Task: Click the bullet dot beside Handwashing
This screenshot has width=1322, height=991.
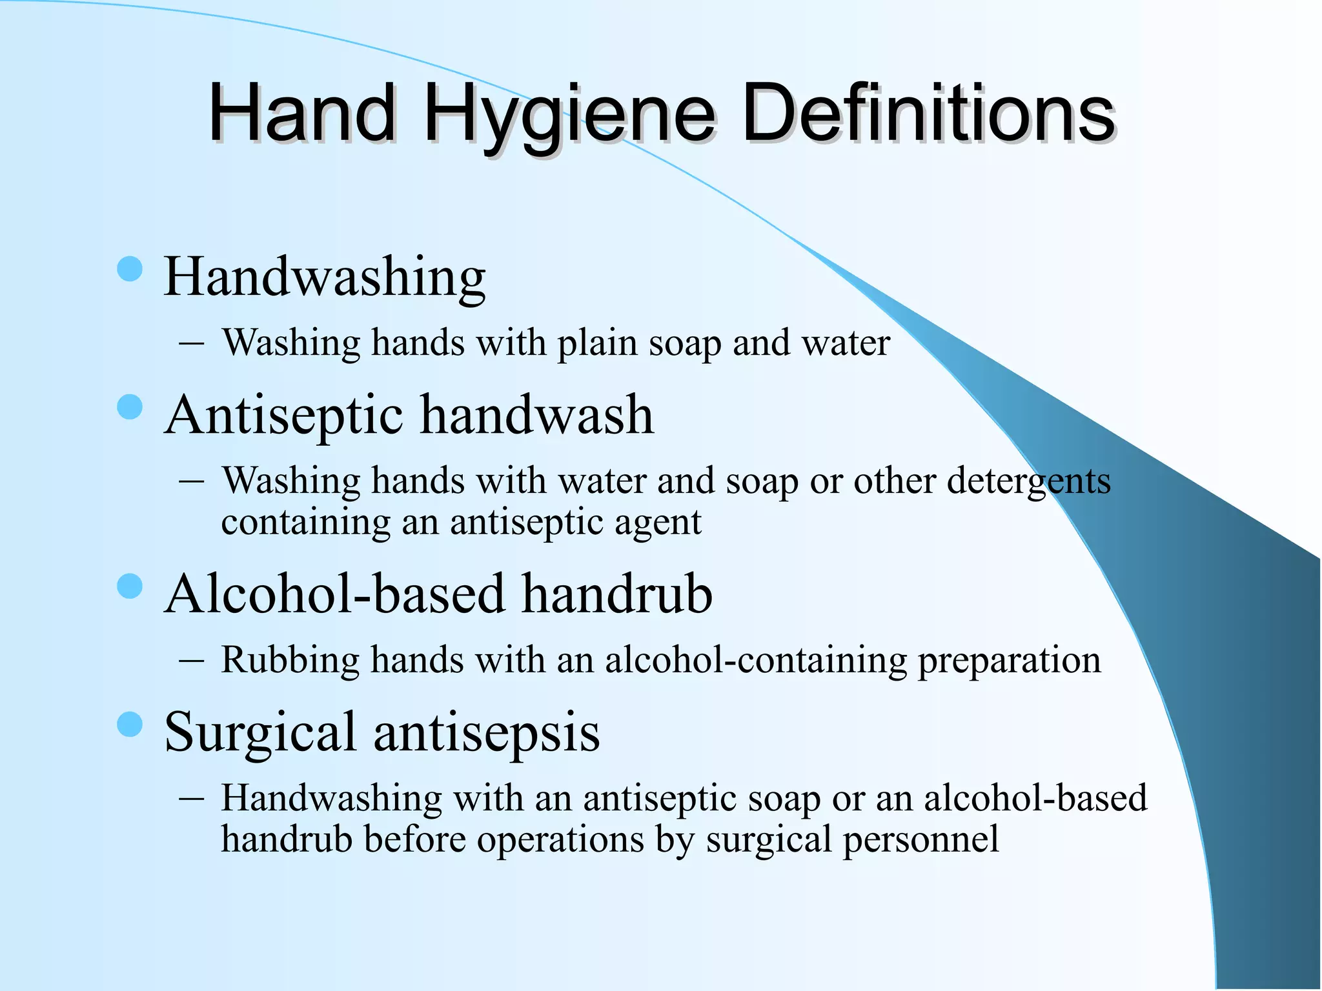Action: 130,269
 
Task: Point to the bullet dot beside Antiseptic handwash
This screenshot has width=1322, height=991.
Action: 130,407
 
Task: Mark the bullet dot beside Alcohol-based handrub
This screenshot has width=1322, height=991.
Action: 130,586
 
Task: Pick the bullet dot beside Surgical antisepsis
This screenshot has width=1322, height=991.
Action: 130,725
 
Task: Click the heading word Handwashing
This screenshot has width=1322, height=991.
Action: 325,277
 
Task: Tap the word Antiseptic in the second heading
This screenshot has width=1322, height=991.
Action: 283,415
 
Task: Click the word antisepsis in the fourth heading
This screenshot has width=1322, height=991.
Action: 487,733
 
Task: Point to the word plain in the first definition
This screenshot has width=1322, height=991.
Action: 597,343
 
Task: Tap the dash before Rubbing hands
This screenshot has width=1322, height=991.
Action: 192,661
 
